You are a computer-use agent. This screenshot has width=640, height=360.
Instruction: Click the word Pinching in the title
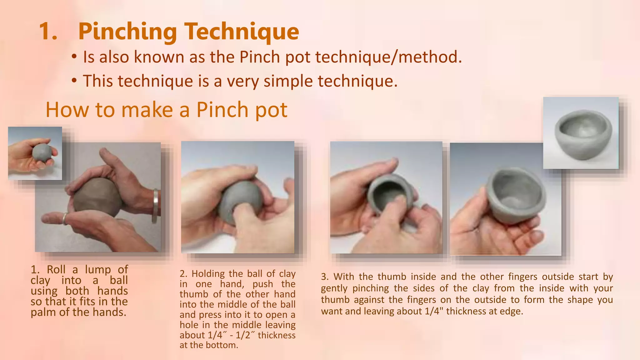[127, 32]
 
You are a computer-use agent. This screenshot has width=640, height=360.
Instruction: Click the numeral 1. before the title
[48, 32]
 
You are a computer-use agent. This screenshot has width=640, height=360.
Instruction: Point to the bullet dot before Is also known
[74, 57]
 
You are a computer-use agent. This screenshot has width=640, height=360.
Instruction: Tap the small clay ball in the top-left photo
[42, 152]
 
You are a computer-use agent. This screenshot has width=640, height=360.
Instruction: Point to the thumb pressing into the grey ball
[242, 216]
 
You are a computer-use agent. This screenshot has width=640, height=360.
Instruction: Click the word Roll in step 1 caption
[56, 269]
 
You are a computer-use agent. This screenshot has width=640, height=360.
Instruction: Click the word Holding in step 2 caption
[208, 274]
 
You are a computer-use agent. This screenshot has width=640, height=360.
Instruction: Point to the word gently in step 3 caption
[335, 288]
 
